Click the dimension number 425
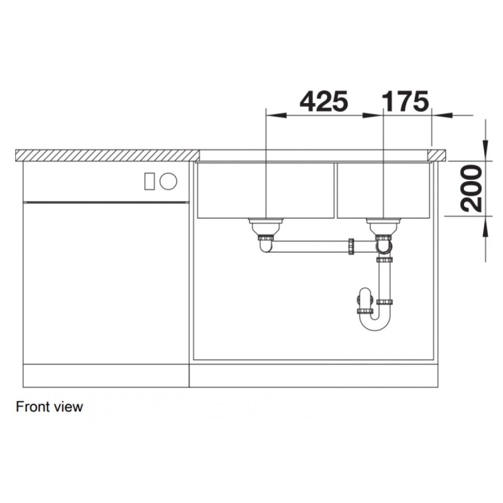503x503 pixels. click(323, 101)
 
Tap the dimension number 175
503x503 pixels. click(406, 101)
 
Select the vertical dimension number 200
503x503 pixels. click(471, 188)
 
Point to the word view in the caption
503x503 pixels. click(69, 407)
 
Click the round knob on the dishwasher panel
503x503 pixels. click(169, 181)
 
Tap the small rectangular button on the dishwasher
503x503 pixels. click(150, 181)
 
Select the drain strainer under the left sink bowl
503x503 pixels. click(266, 226)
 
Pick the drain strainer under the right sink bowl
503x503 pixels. click(384, 226)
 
